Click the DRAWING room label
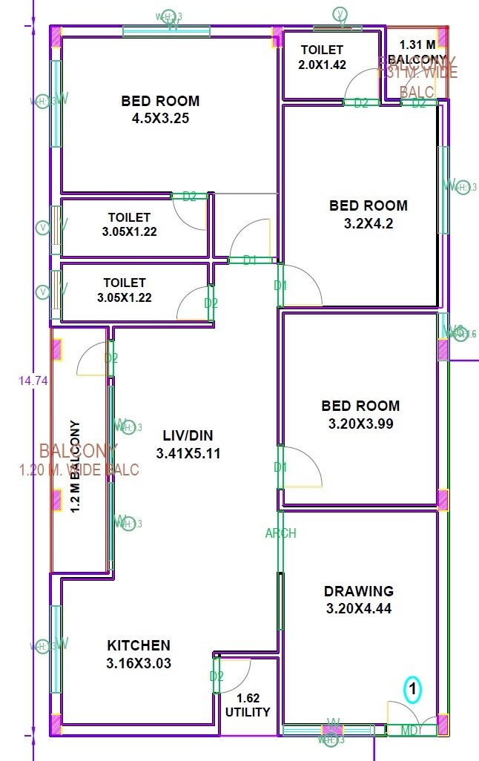point(359,591)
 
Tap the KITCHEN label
point(139,646)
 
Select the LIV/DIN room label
point(188,435)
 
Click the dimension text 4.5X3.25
point(161,117)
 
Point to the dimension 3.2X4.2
point(369,223)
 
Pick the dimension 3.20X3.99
point(360,424)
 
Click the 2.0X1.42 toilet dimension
point(322,65)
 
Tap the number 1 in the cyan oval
point(413,690)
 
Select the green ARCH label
point(281,533)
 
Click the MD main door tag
point(408,731)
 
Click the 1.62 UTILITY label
point(248,705)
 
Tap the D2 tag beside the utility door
point(217,676)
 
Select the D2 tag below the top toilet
point(361,103)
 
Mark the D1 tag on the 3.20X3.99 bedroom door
point(280,467)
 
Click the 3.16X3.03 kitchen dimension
point(139,663)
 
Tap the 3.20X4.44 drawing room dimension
point(359,609)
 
